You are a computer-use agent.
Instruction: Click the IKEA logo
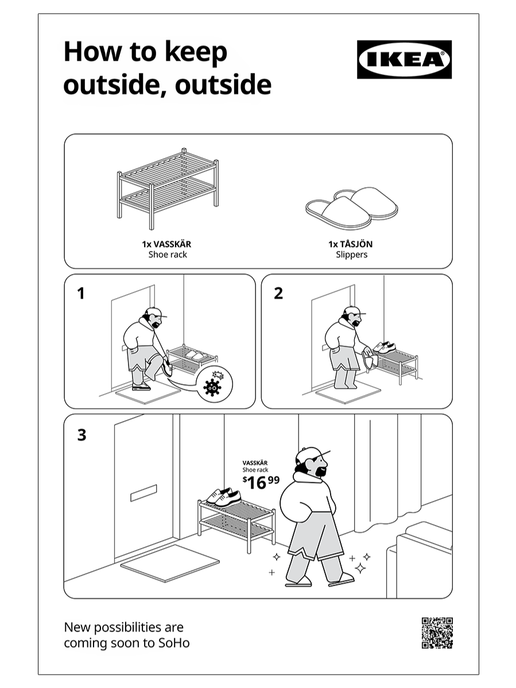[404, 59]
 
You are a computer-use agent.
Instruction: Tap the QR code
[437, 633]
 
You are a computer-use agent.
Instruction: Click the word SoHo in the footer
[174, 643]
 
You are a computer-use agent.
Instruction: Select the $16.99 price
[261, 482]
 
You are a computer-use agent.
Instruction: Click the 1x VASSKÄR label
[166, 244]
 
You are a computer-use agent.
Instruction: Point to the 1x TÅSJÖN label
[351, 244]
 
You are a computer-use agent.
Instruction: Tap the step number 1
[81, 293]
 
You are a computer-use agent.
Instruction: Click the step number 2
[278, 293]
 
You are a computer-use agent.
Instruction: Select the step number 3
[82, 435]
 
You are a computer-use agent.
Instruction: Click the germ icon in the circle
[212, 387]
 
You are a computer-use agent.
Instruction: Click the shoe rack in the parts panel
[168, 189]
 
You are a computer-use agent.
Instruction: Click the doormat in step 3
[170, 563]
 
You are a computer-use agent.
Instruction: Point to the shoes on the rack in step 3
[224, 496]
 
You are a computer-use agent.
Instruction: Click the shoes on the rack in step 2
[384, 347]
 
